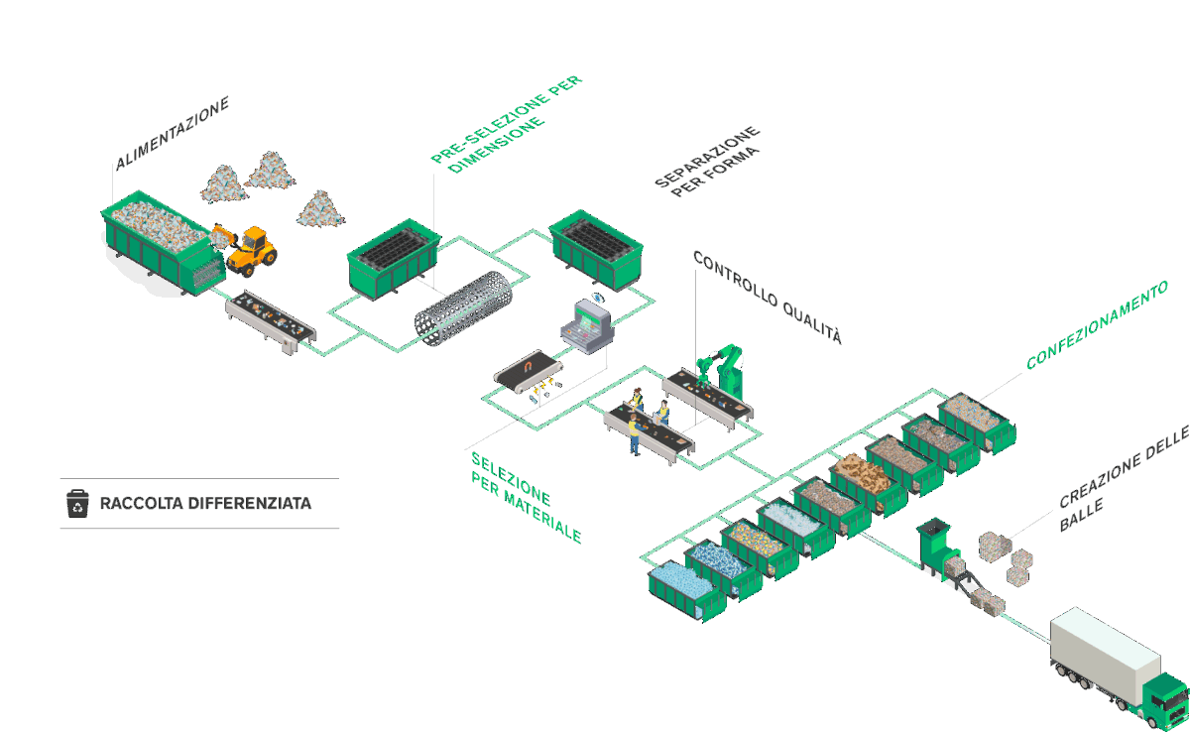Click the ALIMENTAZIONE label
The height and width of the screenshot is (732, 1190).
point(172,134)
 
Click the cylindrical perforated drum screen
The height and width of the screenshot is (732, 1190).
point(462,308)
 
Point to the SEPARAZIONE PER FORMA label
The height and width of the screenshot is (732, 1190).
point(708,162)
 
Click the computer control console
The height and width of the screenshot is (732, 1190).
point(587,327)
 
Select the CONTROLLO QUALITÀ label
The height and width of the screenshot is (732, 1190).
point(767,298)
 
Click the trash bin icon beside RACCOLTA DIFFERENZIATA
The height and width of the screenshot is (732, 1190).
point(77,503)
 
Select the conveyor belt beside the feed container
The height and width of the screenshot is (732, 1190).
point(270,319)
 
